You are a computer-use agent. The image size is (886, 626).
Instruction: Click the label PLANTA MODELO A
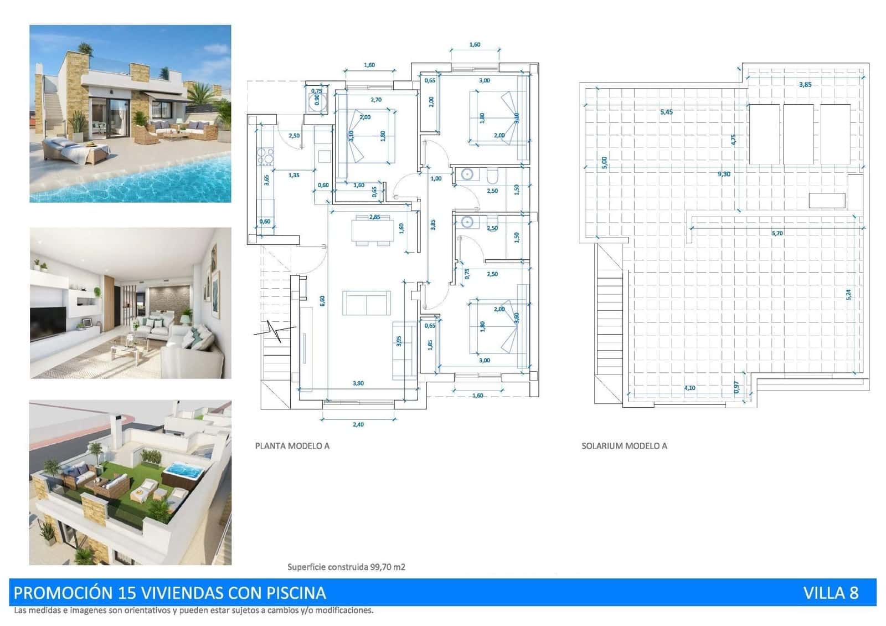click(x=292, y=445)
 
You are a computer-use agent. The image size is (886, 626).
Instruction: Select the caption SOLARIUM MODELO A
click(x=624, y=445)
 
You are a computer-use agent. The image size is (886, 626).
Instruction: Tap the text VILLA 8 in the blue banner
click(x=830, y=593)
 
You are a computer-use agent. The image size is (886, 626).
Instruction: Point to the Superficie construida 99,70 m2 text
click(x=346, y=567)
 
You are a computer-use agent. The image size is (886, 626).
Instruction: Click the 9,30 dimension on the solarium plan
click(x=724, y=174)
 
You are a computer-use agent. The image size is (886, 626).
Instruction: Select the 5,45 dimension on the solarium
click(x=666, y=112)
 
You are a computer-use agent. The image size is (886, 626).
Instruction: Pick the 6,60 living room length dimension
click(x=322, y=300)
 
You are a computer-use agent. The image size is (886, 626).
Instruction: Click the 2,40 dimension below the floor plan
click(x=358, y=424)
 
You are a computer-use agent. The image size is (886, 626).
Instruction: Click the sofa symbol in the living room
click(x=366, y=302)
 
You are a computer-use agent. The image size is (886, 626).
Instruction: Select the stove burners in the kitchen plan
click(x=265, y=157)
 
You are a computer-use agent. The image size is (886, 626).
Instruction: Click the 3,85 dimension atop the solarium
click(x=805, y=85)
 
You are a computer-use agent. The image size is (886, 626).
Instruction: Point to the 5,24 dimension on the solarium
click(x=848, y=295)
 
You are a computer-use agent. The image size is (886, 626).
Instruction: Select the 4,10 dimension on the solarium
click(x=689, y=388)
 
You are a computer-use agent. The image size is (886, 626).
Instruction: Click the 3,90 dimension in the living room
click(x=358, y=383)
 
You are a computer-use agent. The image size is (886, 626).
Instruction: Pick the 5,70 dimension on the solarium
click(x=777, y=233)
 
